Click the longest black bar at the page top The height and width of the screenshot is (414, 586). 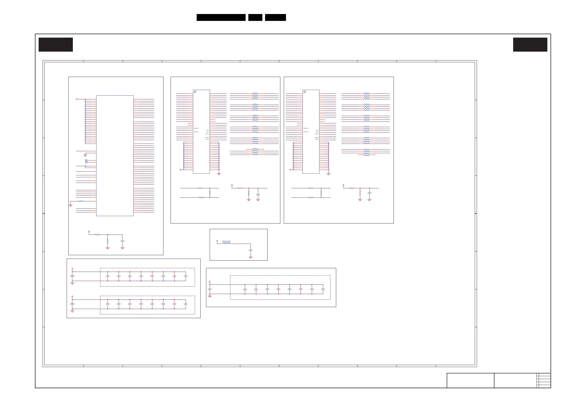point(221,17)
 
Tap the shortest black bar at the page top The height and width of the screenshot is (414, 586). point(255,17)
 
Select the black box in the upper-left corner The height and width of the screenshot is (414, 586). point(56,44)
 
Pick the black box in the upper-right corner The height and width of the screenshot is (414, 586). point(530,44)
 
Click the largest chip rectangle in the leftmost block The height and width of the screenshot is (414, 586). point(115,156)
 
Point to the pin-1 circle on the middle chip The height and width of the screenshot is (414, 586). point(195,92)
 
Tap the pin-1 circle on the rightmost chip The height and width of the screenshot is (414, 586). point(304,92)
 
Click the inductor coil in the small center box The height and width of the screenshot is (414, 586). point(226,243)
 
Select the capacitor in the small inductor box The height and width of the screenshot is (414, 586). point(250,251)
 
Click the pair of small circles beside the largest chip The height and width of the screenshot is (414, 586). point(86,161)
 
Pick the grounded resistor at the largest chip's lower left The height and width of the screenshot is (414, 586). point(81,201)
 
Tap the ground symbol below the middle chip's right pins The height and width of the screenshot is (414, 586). point(219,174)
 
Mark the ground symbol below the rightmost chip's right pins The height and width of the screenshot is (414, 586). point(329,174)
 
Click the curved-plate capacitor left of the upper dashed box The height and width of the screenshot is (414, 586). point(73,276)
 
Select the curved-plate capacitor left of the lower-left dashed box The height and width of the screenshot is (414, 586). point(73,304)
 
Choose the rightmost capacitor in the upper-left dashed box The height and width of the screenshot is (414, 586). point(186,276)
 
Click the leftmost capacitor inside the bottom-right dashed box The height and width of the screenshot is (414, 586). point(245,289)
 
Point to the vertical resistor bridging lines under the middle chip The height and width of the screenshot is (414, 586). point(210,193)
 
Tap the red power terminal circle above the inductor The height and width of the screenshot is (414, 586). point(217,241)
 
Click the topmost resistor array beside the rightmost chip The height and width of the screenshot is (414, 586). point(366,96)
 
